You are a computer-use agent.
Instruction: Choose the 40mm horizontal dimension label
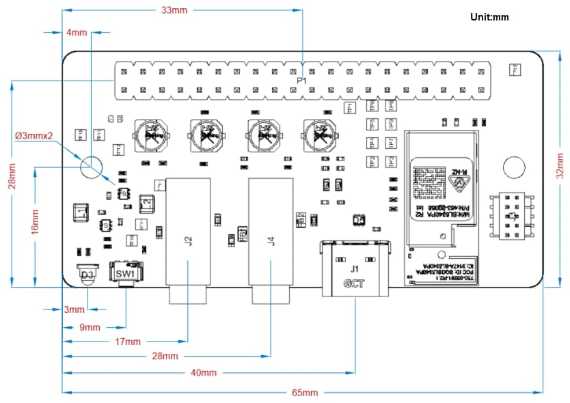[203, 372]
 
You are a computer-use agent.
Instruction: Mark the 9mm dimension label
[90, 327]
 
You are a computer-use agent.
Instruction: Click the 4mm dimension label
[77, 32]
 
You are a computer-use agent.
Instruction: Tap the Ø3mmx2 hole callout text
[34, 135]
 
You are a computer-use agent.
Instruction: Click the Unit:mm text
[489, 17]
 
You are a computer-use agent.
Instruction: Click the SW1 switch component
[126, 273]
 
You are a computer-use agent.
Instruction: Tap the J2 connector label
[188, 240]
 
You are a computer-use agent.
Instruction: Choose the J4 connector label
[271, 240]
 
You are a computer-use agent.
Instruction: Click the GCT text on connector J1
[353, 282]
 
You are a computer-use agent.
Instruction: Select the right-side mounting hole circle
[513, 167]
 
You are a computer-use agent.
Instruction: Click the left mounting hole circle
[91, 166]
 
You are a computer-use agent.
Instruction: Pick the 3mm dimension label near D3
[74, 309]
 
